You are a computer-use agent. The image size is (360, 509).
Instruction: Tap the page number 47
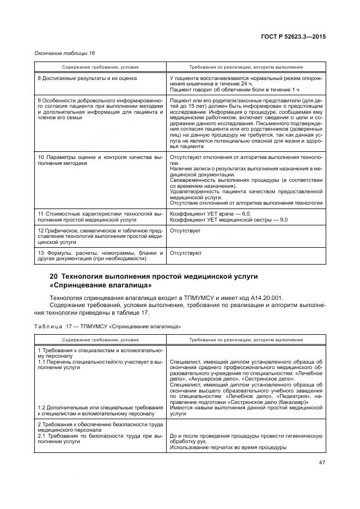point(321,463)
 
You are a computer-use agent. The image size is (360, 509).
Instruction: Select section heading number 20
point(53,277)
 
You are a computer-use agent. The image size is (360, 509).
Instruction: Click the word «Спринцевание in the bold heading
point(77,285)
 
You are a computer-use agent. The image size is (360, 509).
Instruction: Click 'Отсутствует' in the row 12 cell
point(185,231)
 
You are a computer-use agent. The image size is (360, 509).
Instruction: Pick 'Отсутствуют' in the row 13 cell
point(186,253)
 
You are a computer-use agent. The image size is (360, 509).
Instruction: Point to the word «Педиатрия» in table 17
point(286,397)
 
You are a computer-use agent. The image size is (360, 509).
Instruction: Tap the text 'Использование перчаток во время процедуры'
point(228,447)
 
